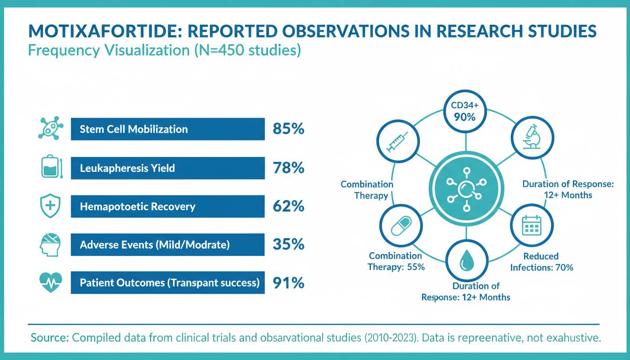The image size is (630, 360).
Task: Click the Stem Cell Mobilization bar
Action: pos(167,129)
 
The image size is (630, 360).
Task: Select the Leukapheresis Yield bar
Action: pos(167,168)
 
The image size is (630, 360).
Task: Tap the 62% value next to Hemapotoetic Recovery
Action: pos(288,206)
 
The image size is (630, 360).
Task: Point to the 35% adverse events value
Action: pos(288,245)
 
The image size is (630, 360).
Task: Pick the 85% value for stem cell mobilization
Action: pos(288,129)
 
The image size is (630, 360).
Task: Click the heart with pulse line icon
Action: pos(50,283)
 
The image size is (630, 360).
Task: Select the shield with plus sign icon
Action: pos(50,206)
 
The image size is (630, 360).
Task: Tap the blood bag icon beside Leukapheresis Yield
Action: pos(50,168)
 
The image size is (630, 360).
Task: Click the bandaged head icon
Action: pos(50,245)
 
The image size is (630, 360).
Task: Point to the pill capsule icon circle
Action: pos(397,226)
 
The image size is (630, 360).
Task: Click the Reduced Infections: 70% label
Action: pos(541,262)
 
